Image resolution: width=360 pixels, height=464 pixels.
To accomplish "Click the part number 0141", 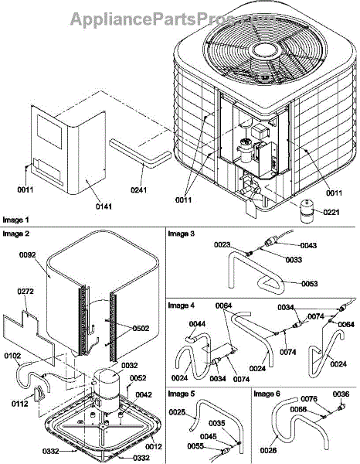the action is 104,206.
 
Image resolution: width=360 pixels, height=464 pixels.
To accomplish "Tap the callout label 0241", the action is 139,189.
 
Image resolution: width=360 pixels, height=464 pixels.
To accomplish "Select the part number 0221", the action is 331,212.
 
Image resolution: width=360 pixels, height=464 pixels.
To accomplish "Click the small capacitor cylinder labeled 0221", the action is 307,211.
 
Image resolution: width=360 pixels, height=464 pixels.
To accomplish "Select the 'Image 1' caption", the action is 16,220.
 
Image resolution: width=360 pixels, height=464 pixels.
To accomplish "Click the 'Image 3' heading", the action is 182,234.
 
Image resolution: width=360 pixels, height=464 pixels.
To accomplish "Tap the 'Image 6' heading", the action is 267,394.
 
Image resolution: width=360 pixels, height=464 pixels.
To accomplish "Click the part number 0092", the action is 28,254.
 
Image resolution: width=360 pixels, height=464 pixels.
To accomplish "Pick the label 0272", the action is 25,292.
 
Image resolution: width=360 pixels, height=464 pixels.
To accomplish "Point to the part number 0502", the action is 141,328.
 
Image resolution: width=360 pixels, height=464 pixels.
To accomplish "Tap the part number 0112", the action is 20,404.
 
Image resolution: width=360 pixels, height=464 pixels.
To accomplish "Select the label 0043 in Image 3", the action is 308,245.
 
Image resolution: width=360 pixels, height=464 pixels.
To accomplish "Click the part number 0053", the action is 310,284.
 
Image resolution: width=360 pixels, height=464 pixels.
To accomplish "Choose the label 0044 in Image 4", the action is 197,324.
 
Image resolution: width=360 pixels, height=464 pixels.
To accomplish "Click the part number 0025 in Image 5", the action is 178,412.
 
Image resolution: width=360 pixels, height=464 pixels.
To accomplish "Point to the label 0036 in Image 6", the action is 341,394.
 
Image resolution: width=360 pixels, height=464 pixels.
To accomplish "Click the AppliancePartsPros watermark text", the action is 174,19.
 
